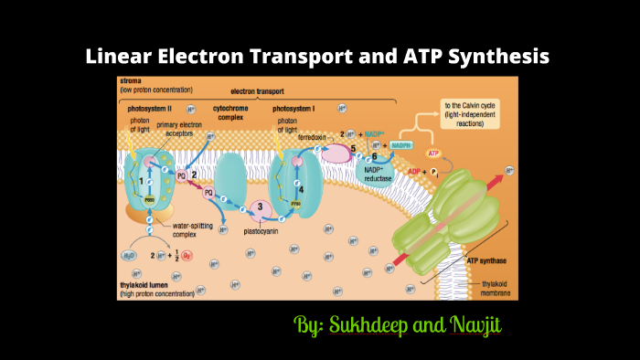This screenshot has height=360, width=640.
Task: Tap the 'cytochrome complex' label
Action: click(x=230, y=112)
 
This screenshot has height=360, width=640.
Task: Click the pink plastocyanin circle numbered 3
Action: click(x=261, y=208)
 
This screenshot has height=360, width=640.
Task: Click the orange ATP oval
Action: click(x=434, y=153)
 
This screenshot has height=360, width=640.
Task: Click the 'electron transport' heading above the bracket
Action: click(x=258, y=93)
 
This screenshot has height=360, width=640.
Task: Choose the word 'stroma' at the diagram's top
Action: click(x=132, y=81)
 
